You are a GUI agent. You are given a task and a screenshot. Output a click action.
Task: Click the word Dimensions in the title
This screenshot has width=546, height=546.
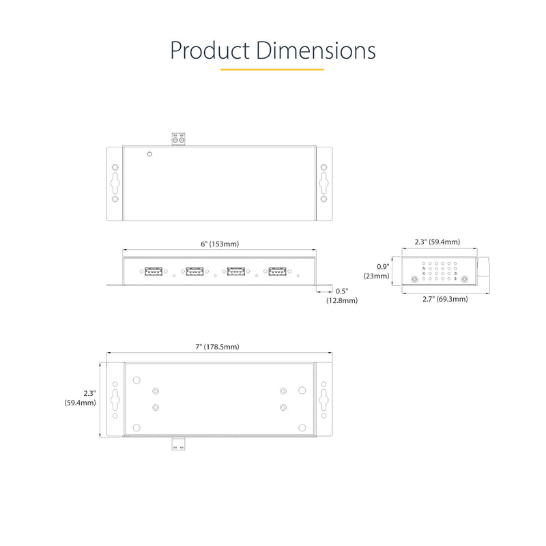pos(316,51)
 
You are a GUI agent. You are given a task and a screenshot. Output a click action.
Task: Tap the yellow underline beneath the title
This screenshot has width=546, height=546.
pos(272,69)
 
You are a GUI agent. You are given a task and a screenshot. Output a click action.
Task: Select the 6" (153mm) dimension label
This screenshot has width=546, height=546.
pos(219,244)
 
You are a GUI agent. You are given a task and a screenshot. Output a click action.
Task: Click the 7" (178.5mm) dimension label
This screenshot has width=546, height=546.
pos(218,347)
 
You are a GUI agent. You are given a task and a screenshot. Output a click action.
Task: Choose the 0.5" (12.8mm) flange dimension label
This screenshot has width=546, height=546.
pos(341,296)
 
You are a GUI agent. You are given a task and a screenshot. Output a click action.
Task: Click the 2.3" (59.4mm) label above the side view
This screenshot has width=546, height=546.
pos(437,242)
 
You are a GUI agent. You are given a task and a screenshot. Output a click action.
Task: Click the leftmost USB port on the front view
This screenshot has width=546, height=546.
pos(153,271)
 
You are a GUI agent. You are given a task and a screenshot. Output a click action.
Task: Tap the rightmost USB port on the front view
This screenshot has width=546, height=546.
pos(277,271)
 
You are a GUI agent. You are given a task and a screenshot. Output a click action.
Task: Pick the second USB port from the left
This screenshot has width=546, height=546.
pos(195,271)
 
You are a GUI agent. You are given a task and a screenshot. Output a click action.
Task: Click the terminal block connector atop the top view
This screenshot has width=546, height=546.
pos(179,139)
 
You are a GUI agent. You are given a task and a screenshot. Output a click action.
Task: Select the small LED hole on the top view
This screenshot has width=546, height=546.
pos(149,155)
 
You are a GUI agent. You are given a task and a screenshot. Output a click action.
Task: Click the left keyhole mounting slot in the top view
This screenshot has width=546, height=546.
pos(115,183)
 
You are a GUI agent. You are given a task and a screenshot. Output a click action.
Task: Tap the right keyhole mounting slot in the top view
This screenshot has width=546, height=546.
pos(324,183)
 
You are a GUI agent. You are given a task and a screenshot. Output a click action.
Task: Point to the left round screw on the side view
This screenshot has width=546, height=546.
pos(414,279)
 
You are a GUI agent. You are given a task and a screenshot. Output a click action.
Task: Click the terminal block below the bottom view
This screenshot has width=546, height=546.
pos(179,444)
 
